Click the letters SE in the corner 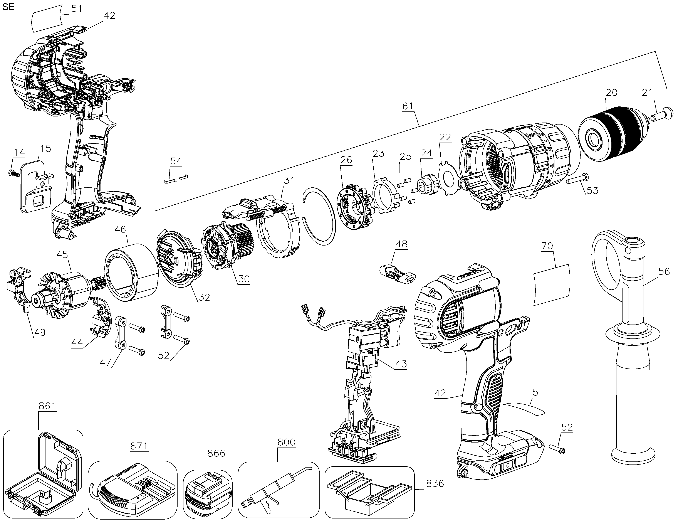coord(8,7)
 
